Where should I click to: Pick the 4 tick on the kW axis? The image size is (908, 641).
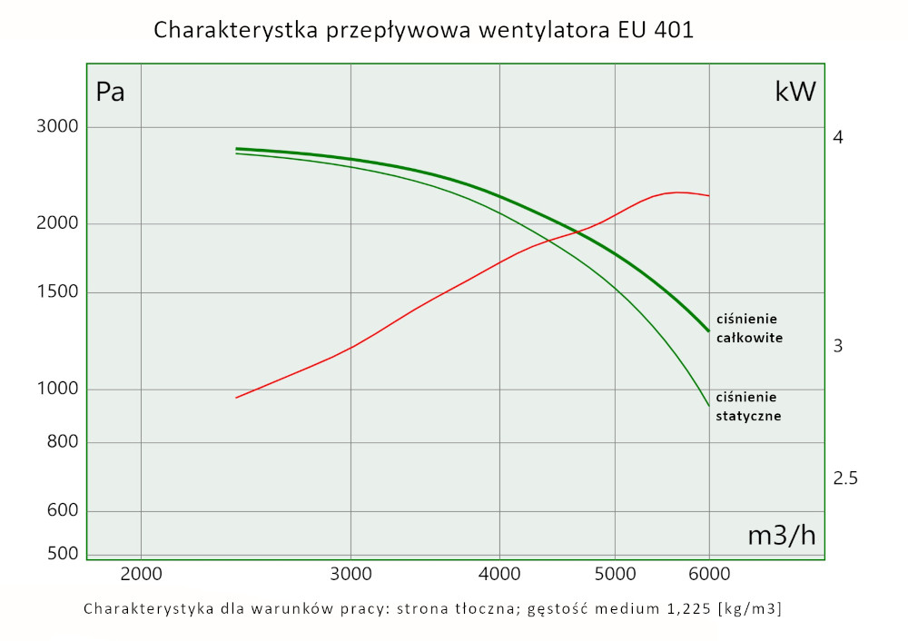838,138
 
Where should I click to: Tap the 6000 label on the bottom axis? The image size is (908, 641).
708,574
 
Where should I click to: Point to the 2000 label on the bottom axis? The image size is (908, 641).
141,574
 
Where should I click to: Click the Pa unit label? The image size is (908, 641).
110,93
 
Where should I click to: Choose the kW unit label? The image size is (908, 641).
795,92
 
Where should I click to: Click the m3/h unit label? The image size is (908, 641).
781,536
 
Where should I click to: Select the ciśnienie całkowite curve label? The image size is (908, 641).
749,328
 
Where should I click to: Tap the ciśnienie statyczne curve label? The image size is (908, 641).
748,406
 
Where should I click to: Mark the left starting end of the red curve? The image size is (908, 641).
236,398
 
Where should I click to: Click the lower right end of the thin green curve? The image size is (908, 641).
708,406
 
